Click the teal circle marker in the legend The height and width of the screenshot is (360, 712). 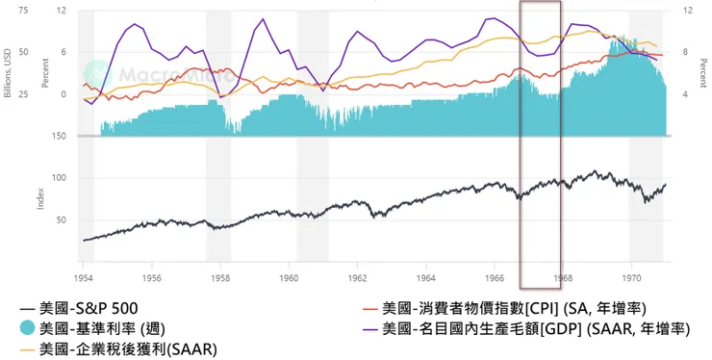click(x=28, y=329)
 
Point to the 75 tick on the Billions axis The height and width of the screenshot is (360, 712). click(x=23, y=11)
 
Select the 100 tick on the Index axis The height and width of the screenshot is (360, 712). click(x=61, y=178)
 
